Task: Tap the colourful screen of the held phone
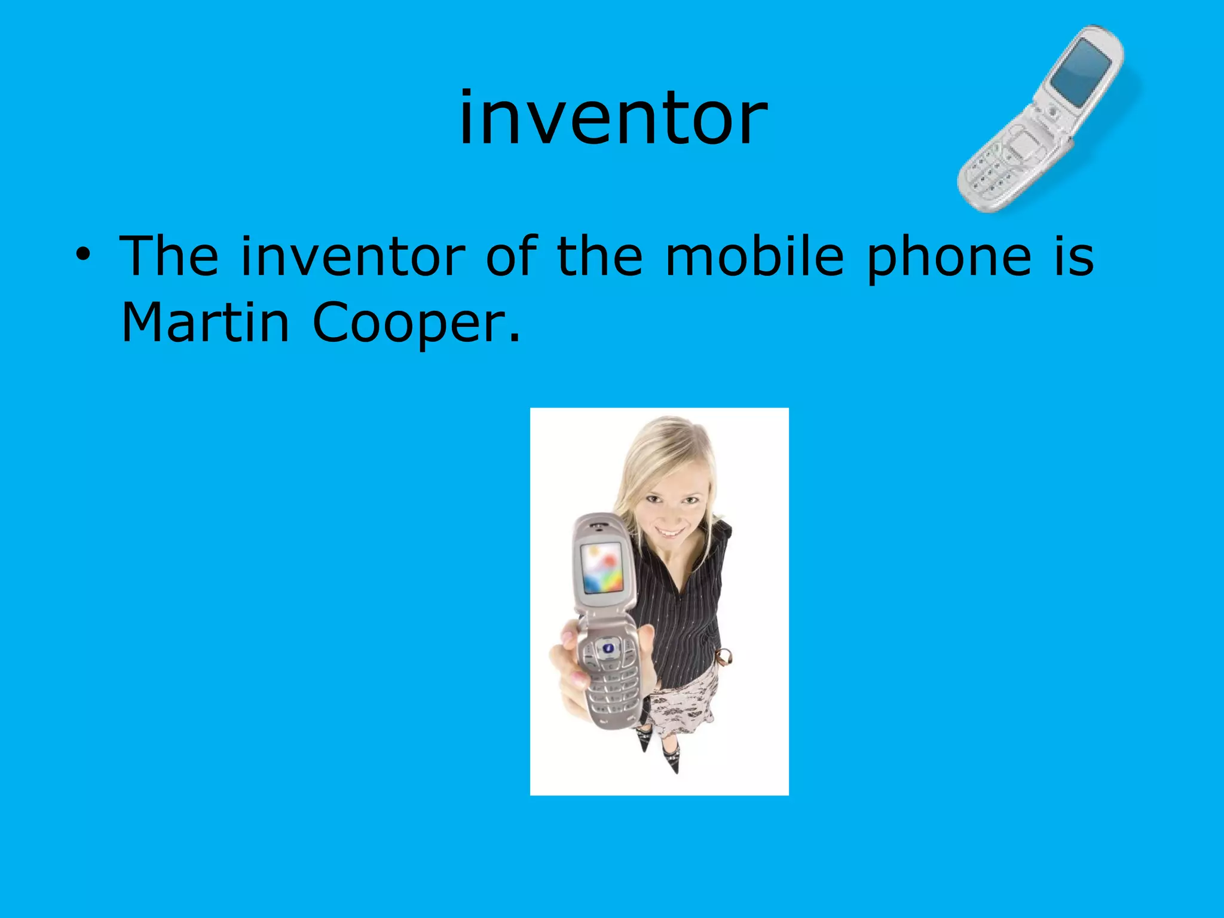point(602,568)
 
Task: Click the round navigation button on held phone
point(608,647)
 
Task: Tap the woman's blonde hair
point(657,448)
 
